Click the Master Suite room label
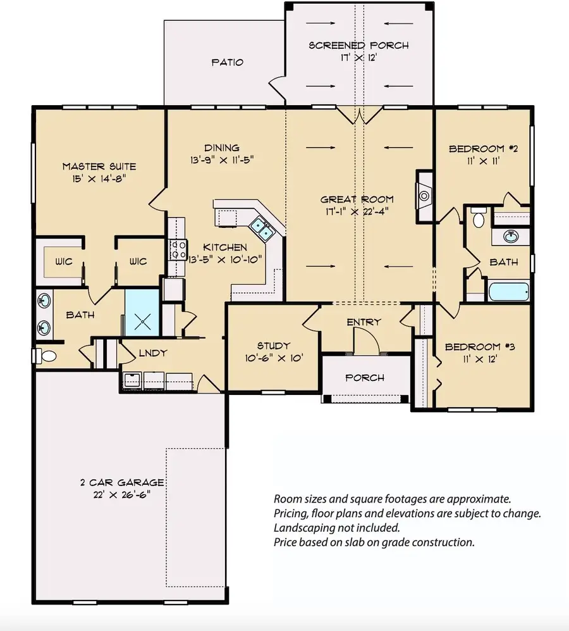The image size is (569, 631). pyautogui.click(x=99, y=166)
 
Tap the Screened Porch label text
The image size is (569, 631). pyautogui.click(x=358, y=46)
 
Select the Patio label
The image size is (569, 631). pyautogui.click(x=227, y=63)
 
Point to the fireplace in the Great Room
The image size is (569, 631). pyautogui.click(x=424, y=196)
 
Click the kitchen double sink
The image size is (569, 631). pyautogui.click(x=261, y=228)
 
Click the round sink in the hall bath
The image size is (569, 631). pyautogui.click(x=511, y=237)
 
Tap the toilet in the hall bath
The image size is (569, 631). pyautogui.click(x=479, y=218)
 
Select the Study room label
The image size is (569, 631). pyautogui.click(x=273, y=346)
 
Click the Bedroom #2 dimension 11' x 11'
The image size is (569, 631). pyautogui.click(x=484, y=161)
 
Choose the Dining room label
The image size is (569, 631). pyautogui.click(x=217, y=147)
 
